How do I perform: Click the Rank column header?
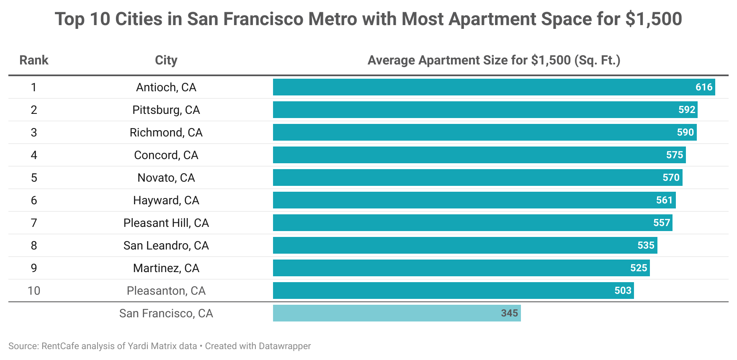pyautogui.click(x=34, y=60)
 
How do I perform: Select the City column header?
pyautogui.click(x=166, y=60)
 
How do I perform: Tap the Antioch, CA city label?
pyautogui.click(x=166, y=87)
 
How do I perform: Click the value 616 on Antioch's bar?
pyautogui.click(x=704, y=87)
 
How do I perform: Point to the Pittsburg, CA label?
pyautogui.click(x=166, y=110)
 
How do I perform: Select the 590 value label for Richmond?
pyautogui.click(x=685, y=132)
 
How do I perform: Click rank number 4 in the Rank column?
pyautogui.click(x=34, y=155)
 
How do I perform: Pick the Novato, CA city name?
pyautogui.click(x=166, y=177)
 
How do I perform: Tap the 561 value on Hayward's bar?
pyautogui.click(x=664, y=200)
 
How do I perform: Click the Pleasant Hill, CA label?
pyautogui.click(x=166, y=223)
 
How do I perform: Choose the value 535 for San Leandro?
pyautogui.click(x=646, y=245)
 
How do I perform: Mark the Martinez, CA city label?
pyautogui.click(x=166, y=268)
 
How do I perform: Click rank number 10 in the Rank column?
pyautogui.click(x=34, y=291)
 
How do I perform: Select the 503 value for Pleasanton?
pyautogui.click(x=623, y=291)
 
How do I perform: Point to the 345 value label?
pyautogui.click(x=509, y=313)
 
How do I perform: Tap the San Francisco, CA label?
pyautogui.click(x=166, y=313)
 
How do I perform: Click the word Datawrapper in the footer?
pyautogui.click(x=285, y=346)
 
